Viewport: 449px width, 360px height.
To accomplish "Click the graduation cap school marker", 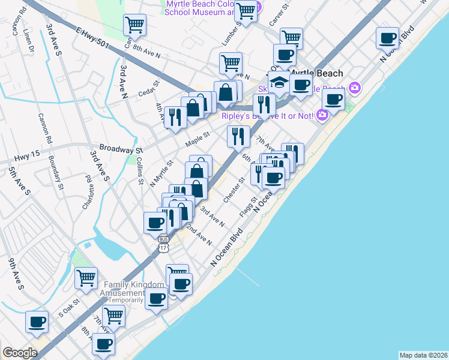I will click(279, 82).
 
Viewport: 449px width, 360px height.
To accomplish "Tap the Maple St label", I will click(197, 139).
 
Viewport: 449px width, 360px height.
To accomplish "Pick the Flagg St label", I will click(248, 207).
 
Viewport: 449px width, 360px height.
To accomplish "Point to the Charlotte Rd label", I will click(88, 191).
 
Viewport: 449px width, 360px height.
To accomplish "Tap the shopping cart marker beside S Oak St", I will click(86, 277).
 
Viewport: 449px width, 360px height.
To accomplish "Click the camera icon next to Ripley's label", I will click(322, 114).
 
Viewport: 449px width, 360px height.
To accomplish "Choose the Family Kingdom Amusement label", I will click(134, 289).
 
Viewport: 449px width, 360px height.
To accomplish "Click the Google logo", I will click(20, 353).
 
